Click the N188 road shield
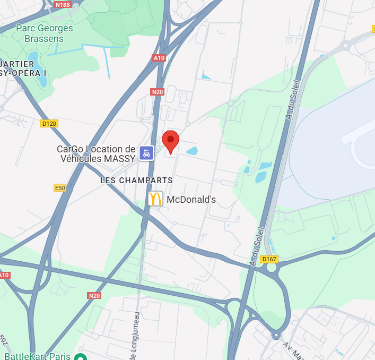click(63, 4)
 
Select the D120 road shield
click(49, 123)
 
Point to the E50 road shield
click(60, 188)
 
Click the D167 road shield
click(269, 259)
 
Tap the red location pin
click(170, 141)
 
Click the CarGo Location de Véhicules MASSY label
click(96, 153)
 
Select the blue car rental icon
click(147, 153)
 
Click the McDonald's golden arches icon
click(155, 199)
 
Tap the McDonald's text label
click(191, 200)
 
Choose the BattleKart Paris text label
click(37, 356)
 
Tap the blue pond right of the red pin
click(191, 151)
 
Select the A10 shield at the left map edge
click(4, 275)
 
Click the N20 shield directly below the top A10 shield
click(157, 92)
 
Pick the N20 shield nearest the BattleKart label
click(94, 295)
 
